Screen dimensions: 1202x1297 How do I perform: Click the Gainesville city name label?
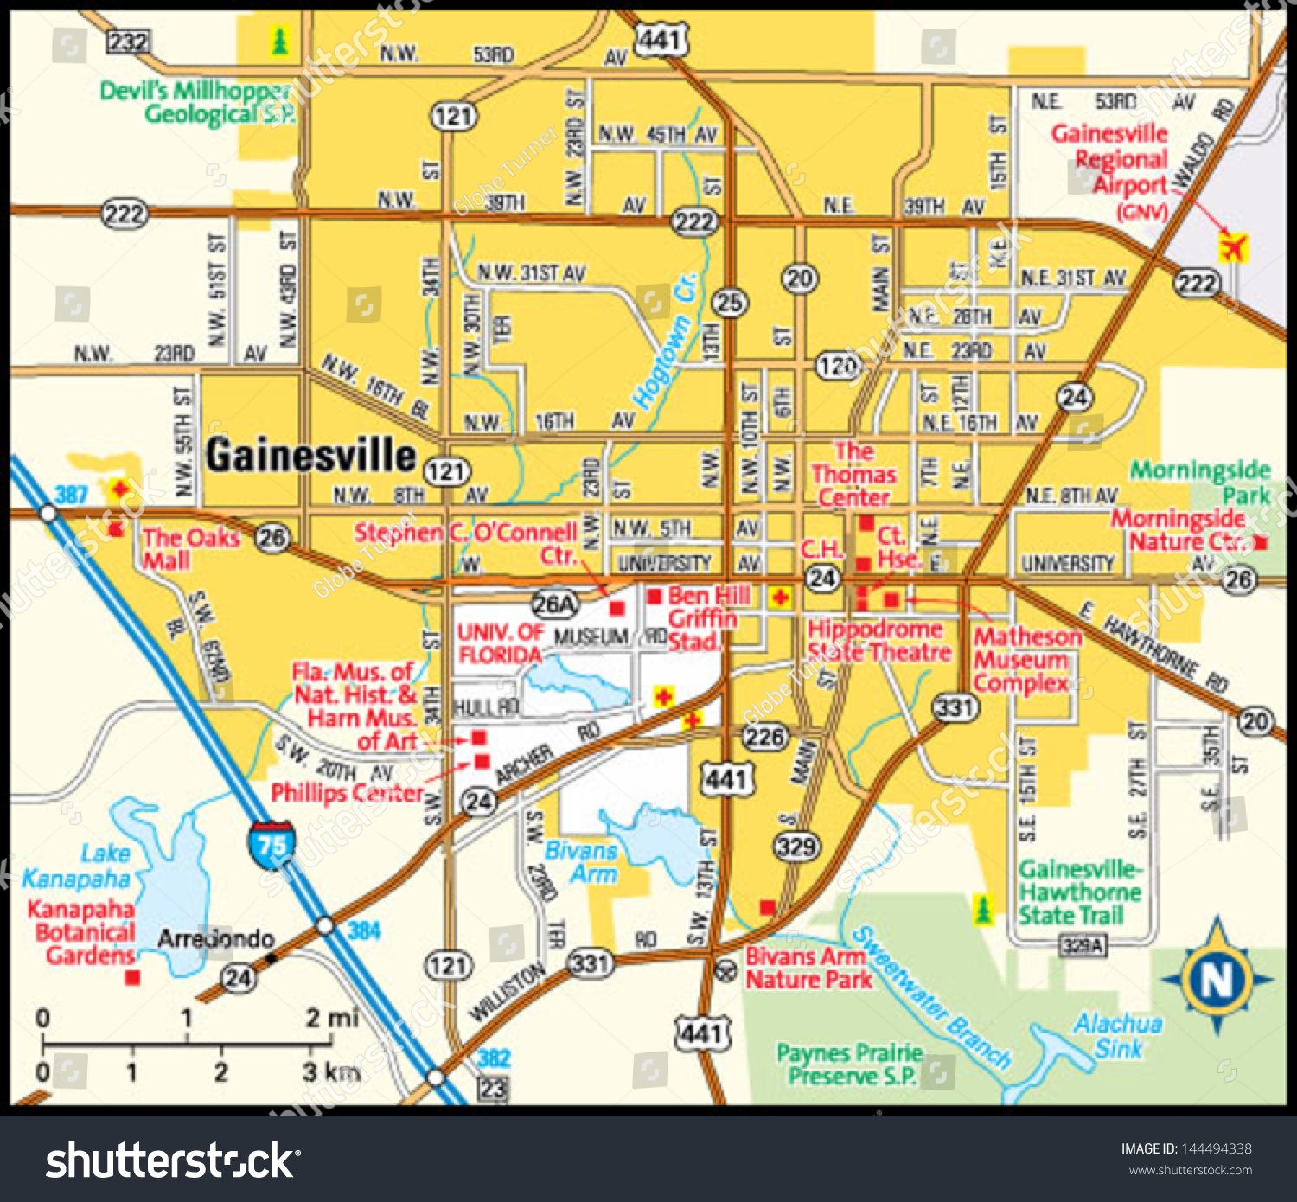point(310,455)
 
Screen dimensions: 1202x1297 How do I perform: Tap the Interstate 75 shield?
point(272,844)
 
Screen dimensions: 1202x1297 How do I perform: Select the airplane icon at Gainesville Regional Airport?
point(1233,247)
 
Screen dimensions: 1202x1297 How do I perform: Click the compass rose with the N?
point(1217,978)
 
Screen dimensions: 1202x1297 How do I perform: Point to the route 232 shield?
point(128,41)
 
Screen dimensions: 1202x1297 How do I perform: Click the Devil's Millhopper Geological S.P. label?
point(197,102)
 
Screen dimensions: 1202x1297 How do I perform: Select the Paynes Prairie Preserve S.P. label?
point(850,1065)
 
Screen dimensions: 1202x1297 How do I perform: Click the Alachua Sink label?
point(1118,1035)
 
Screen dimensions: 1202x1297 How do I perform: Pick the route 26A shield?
point(554,603)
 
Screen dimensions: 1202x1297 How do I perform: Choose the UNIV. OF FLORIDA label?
point(500,643)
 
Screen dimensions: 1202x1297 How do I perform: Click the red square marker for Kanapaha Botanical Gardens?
point(132,977)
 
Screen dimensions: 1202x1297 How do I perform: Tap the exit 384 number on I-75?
point(364,930)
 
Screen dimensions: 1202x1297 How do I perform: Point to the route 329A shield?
point(1082,945)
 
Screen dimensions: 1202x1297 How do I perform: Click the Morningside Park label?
point(1201,482)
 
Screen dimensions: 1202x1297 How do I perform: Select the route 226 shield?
point(765,737)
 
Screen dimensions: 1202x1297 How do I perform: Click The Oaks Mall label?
point(190,548)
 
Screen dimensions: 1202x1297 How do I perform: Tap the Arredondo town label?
point(215,938)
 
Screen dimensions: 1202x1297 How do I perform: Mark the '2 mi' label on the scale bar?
point(331,1018)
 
